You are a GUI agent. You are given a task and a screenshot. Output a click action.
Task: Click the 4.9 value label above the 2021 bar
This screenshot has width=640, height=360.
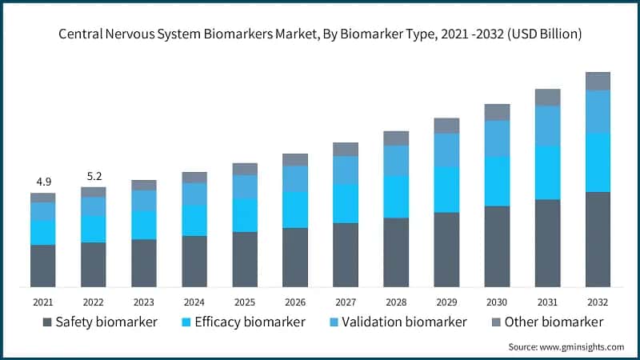pos(42,182)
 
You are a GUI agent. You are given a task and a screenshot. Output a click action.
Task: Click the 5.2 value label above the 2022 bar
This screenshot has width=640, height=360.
pos(93,176)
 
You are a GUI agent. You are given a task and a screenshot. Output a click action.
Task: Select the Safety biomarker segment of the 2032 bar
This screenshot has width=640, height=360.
pos(598,239)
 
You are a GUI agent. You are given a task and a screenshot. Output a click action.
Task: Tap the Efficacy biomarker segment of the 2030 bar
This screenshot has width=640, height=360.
pos(497,182)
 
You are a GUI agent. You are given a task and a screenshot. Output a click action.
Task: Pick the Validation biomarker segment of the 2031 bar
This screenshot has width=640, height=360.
pos(547,126)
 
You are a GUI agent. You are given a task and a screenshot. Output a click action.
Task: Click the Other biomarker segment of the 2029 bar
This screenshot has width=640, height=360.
pos(446,126)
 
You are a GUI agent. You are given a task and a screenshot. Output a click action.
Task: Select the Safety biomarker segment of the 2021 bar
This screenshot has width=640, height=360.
pos(42,266)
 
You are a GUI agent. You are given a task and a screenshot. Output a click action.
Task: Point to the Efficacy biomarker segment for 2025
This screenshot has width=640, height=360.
pos(245,215)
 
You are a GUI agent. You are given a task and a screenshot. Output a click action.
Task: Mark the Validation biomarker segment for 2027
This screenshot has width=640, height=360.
pos(346,170)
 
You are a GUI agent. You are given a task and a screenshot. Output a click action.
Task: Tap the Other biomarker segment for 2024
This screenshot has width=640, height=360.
pos(194,178)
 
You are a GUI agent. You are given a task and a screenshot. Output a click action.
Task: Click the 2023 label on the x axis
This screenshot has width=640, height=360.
pos(144,302)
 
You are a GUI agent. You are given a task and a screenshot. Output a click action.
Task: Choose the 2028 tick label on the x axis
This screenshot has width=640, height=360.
pos(396,302)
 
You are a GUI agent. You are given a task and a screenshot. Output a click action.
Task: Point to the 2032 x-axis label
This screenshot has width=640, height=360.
pos(598,302)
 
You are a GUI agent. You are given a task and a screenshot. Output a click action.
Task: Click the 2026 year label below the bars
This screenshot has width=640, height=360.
pos(295,302)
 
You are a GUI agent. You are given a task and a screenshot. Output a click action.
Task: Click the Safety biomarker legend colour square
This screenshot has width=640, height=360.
pos(47,322)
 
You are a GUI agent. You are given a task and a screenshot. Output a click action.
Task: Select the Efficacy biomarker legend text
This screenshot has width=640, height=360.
pos(254,322)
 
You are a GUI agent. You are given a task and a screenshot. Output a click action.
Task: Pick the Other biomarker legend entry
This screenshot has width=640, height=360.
pos(543,322)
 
